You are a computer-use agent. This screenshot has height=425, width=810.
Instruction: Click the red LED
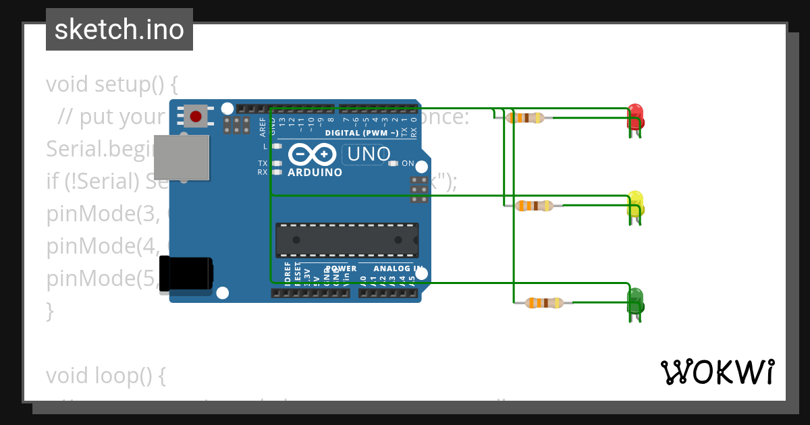(x=635, y=116)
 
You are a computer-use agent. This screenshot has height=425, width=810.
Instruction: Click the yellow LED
(x=635, y=203)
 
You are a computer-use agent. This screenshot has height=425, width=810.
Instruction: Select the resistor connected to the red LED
(x=525, y=118)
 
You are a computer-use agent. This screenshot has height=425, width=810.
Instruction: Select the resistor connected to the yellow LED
(x=534, y=206)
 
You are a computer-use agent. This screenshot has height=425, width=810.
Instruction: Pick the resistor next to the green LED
(x=544, y=303)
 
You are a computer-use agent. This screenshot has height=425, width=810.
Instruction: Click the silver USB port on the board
(x=182, y=157)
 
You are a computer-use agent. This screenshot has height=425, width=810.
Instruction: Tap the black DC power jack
(x=186, y=273)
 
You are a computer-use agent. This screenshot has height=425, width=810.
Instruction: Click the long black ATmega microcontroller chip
(x=347, y=240)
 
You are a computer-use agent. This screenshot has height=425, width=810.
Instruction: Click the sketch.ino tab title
(x=119, y=30)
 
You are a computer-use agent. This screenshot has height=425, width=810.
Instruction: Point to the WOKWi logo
(x=717, y=372)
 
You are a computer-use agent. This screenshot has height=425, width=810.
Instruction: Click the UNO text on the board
(x=368, y=154)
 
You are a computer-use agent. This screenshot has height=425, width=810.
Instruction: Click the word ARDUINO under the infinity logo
(x=315, y=173)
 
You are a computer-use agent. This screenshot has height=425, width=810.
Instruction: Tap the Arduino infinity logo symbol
(x=312, y=154)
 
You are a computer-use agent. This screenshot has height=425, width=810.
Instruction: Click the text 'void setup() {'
(x=112, y=84)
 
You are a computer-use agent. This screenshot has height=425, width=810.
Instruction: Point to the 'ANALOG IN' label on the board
(x=398, y=268)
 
